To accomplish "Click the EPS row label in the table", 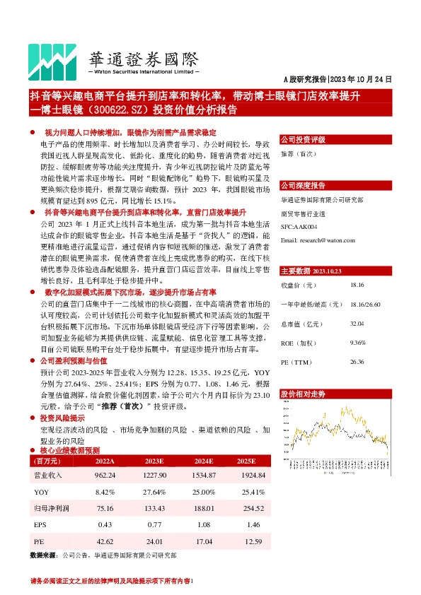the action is [40, 524].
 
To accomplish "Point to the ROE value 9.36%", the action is [357, 342].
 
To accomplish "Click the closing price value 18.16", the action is [357, 285].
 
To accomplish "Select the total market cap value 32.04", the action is [357, 323].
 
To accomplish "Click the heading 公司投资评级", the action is [303, 140].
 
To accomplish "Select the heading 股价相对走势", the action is [303, 392].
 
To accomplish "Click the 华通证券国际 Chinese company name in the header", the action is [144, 58].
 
